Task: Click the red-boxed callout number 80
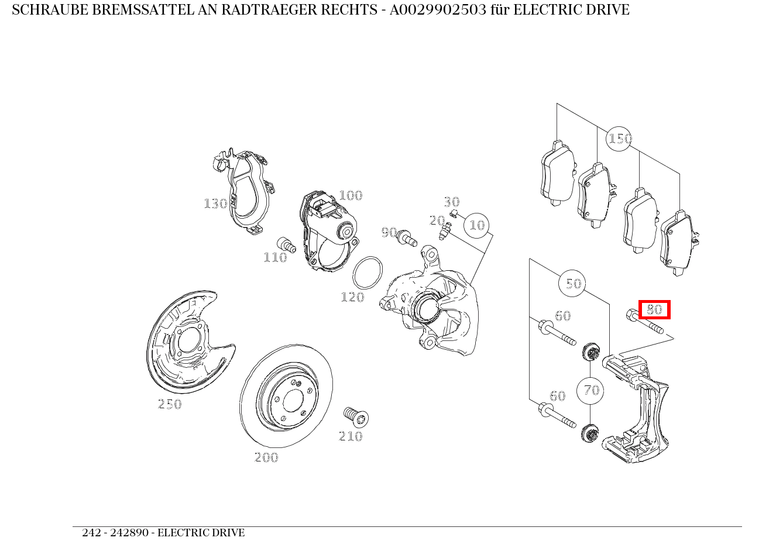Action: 654,309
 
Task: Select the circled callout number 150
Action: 619,139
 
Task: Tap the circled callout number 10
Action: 477,225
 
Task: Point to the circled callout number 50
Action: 573,284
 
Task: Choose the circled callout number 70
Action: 590,390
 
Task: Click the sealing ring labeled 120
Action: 368,273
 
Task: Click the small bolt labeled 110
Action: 285,244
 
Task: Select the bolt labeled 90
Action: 406,237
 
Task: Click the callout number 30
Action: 451,202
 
